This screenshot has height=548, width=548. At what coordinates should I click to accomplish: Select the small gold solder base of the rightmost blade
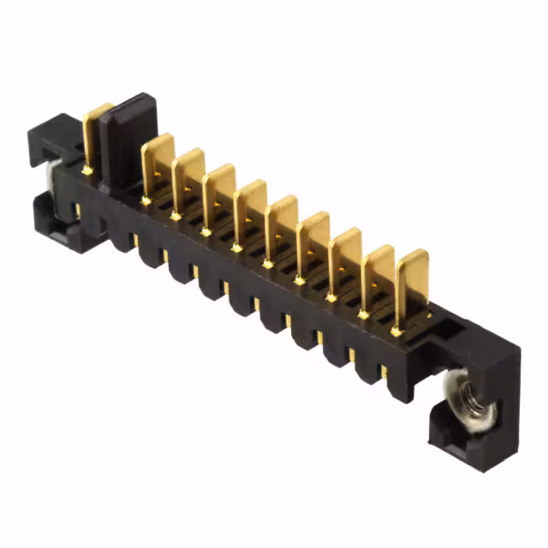point(396,331)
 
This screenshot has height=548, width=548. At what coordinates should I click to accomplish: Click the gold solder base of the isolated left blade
point(86,170)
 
